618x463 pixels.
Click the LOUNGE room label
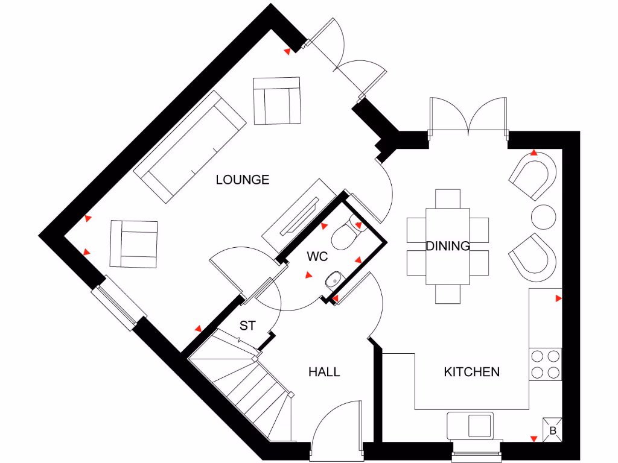click(x=243, y=180)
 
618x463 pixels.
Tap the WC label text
click(x=317, y=257)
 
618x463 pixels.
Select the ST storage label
click(x=247, y=326)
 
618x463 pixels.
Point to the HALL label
click(x=324, y=371)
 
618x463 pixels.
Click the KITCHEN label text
click(x=471, y=371)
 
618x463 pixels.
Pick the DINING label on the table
click(x=448, y=246)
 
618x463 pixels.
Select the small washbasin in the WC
click(x=333, y=280)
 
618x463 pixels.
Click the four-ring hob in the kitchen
click(x=546, y=364)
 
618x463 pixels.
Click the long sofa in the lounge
click(x=190, y=146)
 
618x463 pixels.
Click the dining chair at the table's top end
click(x=448, y=198)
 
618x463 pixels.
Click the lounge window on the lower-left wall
click(x=119, y=303)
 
